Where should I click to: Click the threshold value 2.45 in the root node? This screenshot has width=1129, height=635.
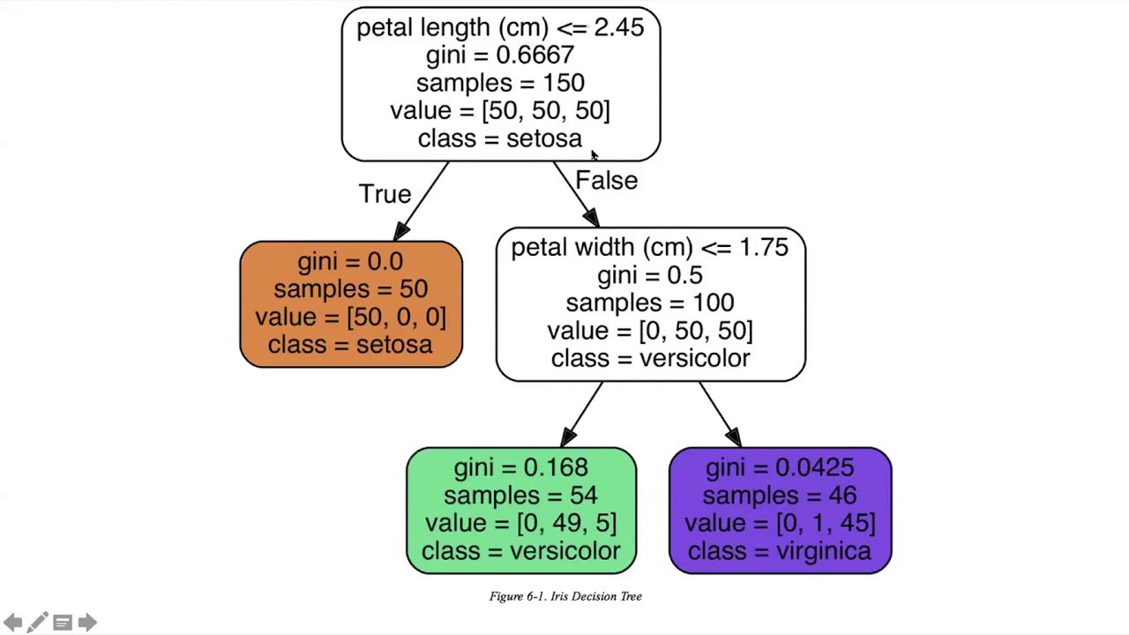[x=619, y=27]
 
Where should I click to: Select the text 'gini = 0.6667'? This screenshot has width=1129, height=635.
[x=500, y=55]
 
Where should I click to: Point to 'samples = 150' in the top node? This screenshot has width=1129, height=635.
[x=500, y=83]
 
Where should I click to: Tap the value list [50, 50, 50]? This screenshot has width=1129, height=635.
[x=546, y=110]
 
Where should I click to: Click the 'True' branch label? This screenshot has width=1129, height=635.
[x=385, y=194]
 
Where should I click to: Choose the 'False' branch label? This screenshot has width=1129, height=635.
[x=606, y=181]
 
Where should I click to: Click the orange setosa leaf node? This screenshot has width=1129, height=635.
[x=351, y=304]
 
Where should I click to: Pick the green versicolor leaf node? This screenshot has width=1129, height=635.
[x=521, y=511]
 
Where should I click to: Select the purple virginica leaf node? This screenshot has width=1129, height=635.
[x=781, y=511]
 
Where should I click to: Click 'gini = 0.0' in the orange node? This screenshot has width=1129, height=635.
[x=350, y=262]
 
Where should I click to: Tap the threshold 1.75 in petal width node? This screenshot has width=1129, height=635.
[x=764, y=248]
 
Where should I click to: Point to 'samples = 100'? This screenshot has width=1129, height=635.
[x=650, y=303]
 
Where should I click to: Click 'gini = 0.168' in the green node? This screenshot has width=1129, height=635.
[x=520, y=467]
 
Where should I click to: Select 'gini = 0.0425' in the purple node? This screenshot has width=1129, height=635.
[x=780, y=467]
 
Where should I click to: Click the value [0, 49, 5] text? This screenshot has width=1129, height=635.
[x=567, y=523]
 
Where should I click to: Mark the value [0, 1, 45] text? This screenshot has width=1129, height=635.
[x=826, y=523]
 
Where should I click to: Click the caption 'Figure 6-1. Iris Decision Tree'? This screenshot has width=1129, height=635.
[x=565, y=597]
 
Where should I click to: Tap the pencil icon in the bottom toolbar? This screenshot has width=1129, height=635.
[x=37, y=623]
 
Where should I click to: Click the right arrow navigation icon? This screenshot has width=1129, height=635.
[x=87, y=623]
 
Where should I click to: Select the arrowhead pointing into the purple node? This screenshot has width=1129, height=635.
[x=734, y=437]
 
